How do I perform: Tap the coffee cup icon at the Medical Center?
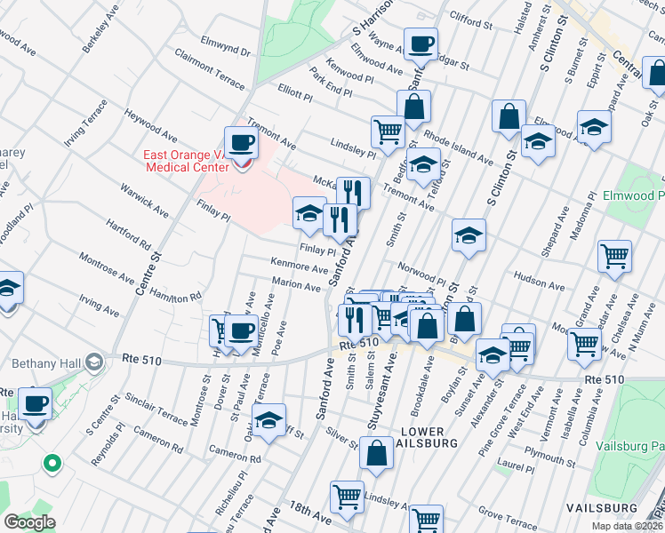(x=239, y=143)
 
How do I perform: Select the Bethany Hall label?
(x=45, y=363)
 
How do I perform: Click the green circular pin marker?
(x=52, y=463)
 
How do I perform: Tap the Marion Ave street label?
(x=296, y=284)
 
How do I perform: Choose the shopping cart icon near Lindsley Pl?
(x=388, y=131)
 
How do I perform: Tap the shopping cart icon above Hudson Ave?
(x=614, y=256)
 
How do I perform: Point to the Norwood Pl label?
(x=421, y=269)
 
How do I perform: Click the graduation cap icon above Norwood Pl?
(x=469, y=235)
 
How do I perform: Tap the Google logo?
(x=29, y=522)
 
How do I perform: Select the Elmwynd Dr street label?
(x=226, y=47)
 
